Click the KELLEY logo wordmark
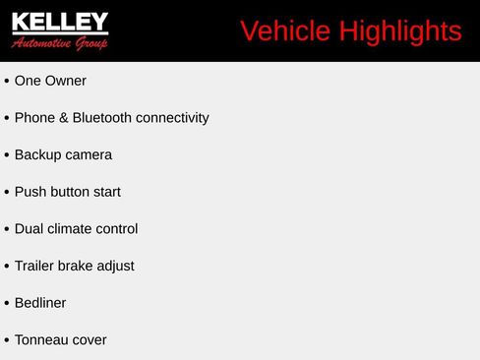[x=60, y=23]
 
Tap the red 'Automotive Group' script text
[x=60, y=43]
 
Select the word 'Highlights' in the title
[x=400, y=31]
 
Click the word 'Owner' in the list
[x=67, y=81]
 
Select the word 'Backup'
[x=38, y=154]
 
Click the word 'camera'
[x=90, y=154]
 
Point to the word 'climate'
[x=71, y=229]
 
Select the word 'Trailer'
[x=35, y=266]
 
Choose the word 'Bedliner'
[x=40, y=303]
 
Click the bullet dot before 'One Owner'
[x=7, y=82]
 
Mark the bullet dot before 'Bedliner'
[x=7, y=304]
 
